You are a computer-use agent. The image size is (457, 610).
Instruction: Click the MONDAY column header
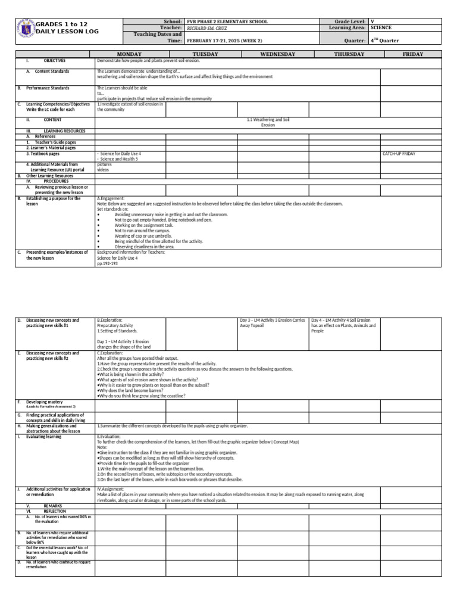click(129, 54)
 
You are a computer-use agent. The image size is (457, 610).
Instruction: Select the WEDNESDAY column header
click(277, 54)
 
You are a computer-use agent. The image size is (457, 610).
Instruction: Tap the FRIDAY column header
click(412, 54)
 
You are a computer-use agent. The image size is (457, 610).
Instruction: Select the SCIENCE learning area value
click(381, 28)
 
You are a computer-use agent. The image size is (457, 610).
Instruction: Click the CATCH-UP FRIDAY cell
click(399, 154)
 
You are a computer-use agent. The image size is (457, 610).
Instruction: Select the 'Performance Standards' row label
click(48, 88)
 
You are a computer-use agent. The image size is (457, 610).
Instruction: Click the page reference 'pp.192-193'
click(108, 263)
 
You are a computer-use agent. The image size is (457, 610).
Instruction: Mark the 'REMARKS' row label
click(53, 505)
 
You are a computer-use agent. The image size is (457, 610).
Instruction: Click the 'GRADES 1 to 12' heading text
click(61, 23)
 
